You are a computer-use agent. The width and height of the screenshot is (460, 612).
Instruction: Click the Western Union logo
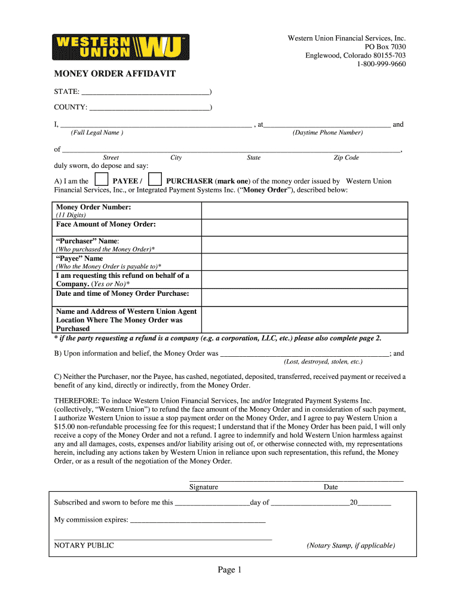[121, 47]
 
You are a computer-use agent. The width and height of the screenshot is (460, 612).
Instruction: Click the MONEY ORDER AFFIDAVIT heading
[115, 75]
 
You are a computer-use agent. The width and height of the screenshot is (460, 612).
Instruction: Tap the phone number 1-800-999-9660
[381, 64]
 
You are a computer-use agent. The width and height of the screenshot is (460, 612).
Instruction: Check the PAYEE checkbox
[102, 179]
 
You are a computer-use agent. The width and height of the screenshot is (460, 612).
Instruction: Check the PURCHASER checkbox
[155, 179]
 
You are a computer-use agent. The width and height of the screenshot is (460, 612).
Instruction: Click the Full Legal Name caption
[97, 133]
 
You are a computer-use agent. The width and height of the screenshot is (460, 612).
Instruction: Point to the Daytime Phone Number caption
[327, 133]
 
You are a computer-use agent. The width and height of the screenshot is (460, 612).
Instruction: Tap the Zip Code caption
[346, 158]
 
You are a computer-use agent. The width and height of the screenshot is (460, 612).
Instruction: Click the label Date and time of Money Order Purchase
[122, 293]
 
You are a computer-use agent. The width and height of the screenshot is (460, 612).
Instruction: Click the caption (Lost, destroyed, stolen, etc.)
[323, 362]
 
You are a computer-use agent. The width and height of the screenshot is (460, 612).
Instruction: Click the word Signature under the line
[204, 487]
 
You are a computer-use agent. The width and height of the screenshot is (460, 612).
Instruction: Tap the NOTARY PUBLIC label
[84, 546]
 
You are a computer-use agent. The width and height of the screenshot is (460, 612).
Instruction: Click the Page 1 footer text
[229, 571]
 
